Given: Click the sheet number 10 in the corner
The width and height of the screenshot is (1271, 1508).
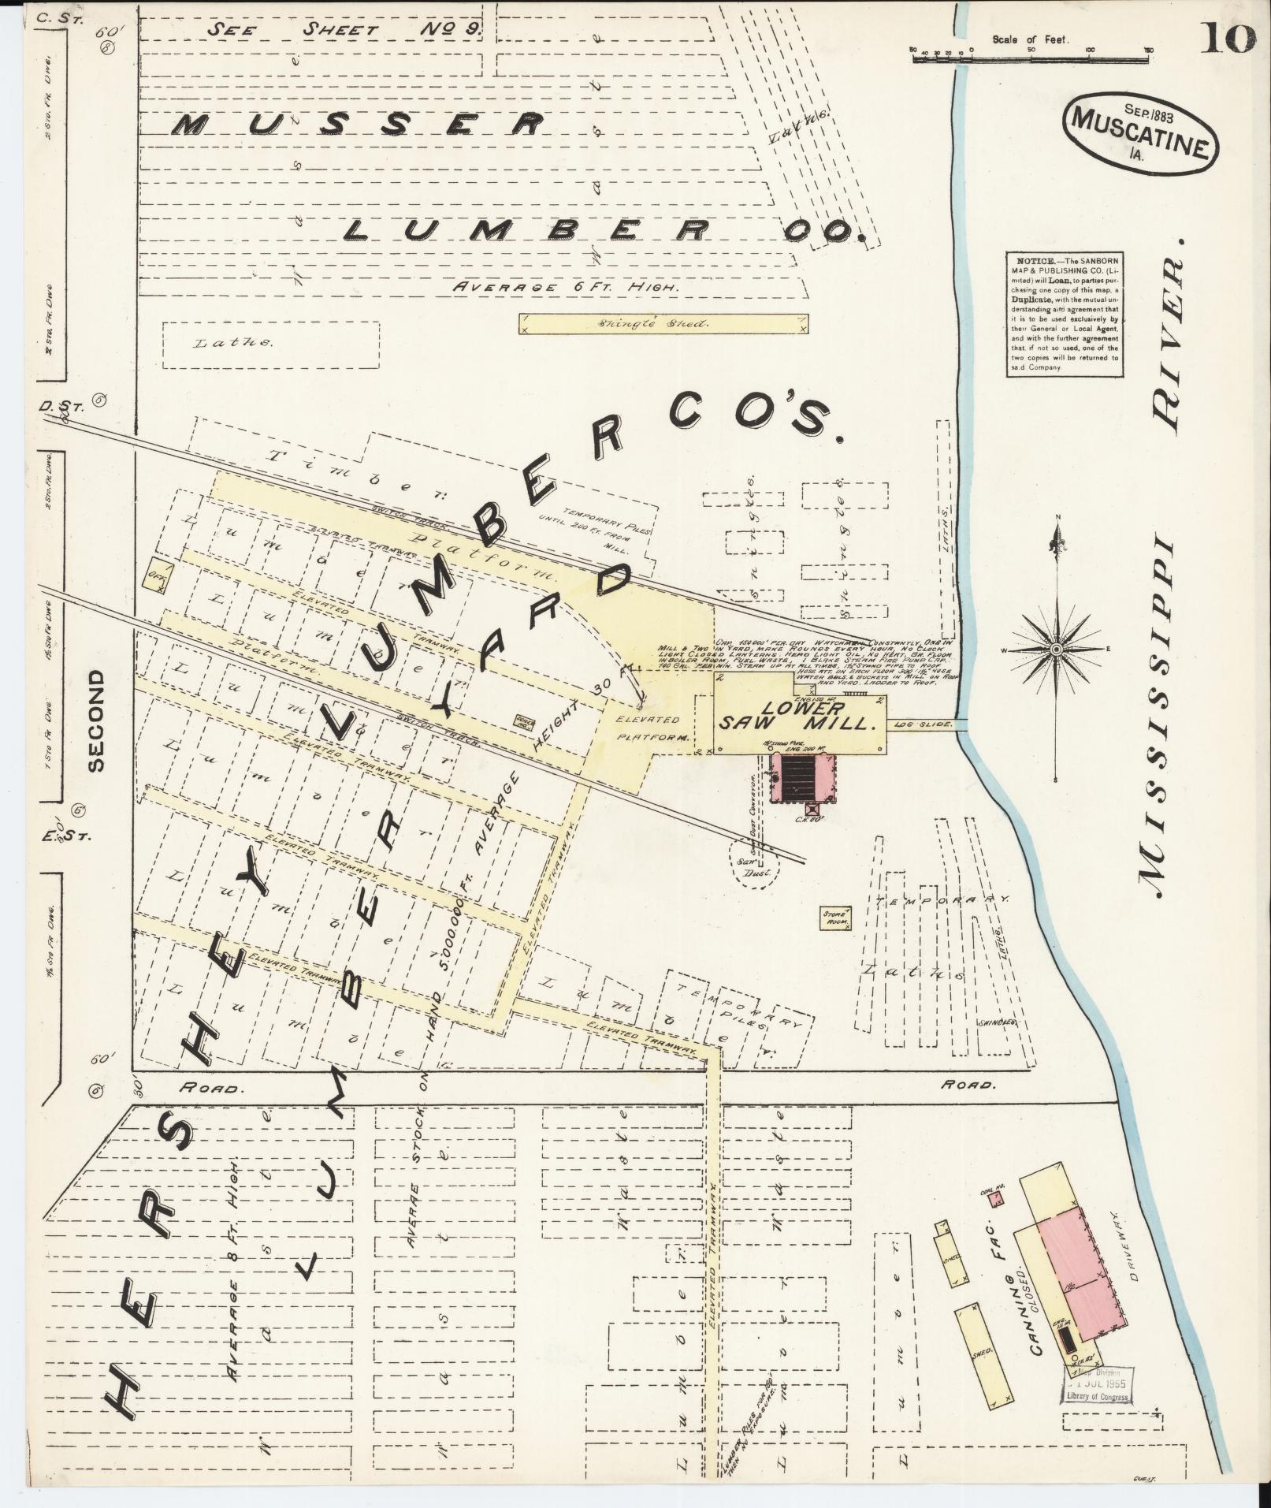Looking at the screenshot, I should coord(1227,38).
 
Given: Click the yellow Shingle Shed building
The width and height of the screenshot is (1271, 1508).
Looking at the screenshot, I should coord(663,323).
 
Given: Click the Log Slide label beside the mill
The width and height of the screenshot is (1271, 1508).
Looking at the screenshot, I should coord(922,723).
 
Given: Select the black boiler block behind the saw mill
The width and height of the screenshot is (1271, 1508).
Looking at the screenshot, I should coord(801,778).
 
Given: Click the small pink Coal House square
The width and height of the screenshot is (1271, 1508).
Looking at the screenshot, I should coord(998,1221).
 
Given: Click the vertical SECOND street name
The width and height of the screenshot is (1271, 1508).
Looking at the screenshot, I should coord(96,720).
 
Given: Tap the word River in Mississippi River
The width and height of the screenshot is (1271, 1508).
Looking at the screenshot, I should coord(1169,343).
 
